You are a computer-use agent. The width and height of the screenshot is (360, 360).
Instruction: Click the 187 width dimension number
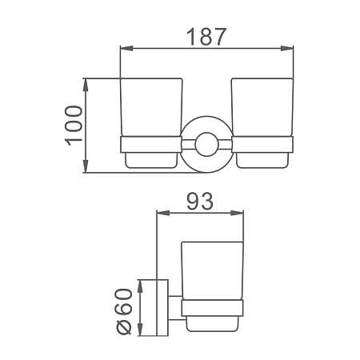(206, 37)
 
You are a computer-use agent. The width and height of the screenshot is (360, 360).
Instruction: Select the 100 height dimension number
(73, 126)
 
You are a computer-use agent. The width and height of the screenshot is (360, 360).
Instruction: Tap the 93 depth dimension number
(200, 202)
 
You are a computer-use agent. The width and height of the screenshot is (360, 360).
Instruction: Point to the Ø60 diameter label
(124, 311)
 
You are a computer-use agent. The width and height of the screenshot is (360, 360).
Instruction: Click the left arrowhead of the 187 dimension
(126, 48)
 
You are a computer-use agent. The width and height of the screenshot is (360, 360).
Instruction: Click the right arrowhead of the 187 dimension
(287, 48)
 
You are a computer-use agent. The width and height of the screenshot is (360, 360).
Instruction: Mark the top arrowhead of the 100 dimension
(86, 85)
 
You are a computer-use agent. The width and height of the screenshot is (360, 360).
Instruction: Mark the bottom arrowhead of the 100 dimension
(86, 166)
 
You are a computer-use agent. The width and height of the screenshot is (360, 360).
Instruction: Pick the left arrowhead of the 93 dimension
(163, 213)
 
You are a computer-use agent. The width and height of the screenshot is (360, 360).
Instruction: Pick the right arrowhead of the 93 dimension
(237, 213)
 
